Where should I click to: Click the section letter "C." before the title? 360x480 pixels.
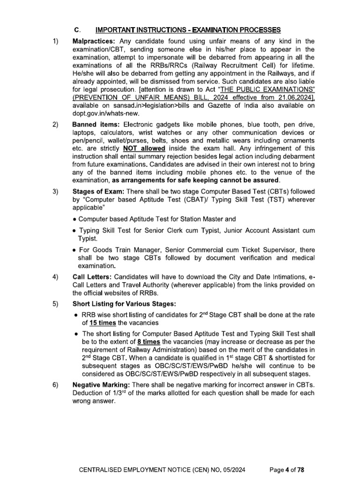coord(77,30)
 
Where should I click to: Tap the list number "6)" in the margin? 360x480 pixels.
coord(56,385)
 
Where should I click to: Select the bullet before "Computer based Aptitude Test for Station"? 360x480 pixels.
coord(75,219)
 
